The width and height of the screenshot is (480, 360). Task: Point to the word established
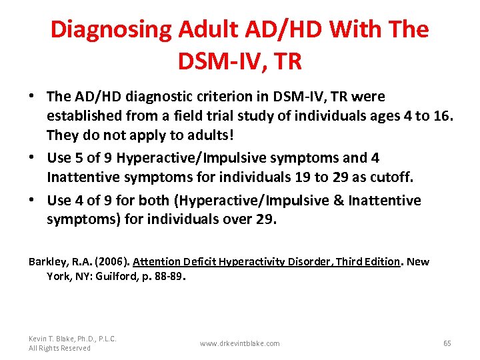click(x=81, y=116)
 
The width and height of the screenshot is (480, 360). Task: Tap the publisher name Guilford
click(x=107, y=275)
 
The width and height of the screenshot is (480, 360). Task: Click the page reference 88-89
click(x=165, y=275)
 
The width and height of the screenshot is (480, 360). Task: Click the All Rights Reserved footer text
click(x=59, y=348)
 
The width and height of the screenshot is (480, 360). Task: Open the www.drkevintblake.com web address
click(x=239, y=343)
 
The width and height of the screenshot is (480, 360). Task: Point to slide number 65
click(x=447, y=343)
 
